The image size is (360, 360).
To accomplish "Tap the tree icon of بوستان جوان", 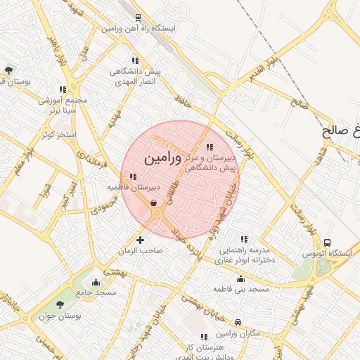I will [x=60, y=305].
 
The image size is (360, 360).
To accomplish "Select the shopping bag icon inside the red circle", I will [x=153, y=202].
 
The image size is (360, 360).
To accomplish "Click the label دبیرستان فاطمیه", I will [x=133, y=188].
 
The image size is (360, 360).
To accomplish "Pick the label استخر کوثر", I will [x=58, y=134].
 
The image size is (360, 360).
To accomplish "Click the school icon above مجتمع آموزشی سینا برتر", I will [x=63, y=89].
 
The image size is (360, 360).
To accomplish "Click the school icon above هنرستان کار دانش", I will [x=204, y=337].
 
